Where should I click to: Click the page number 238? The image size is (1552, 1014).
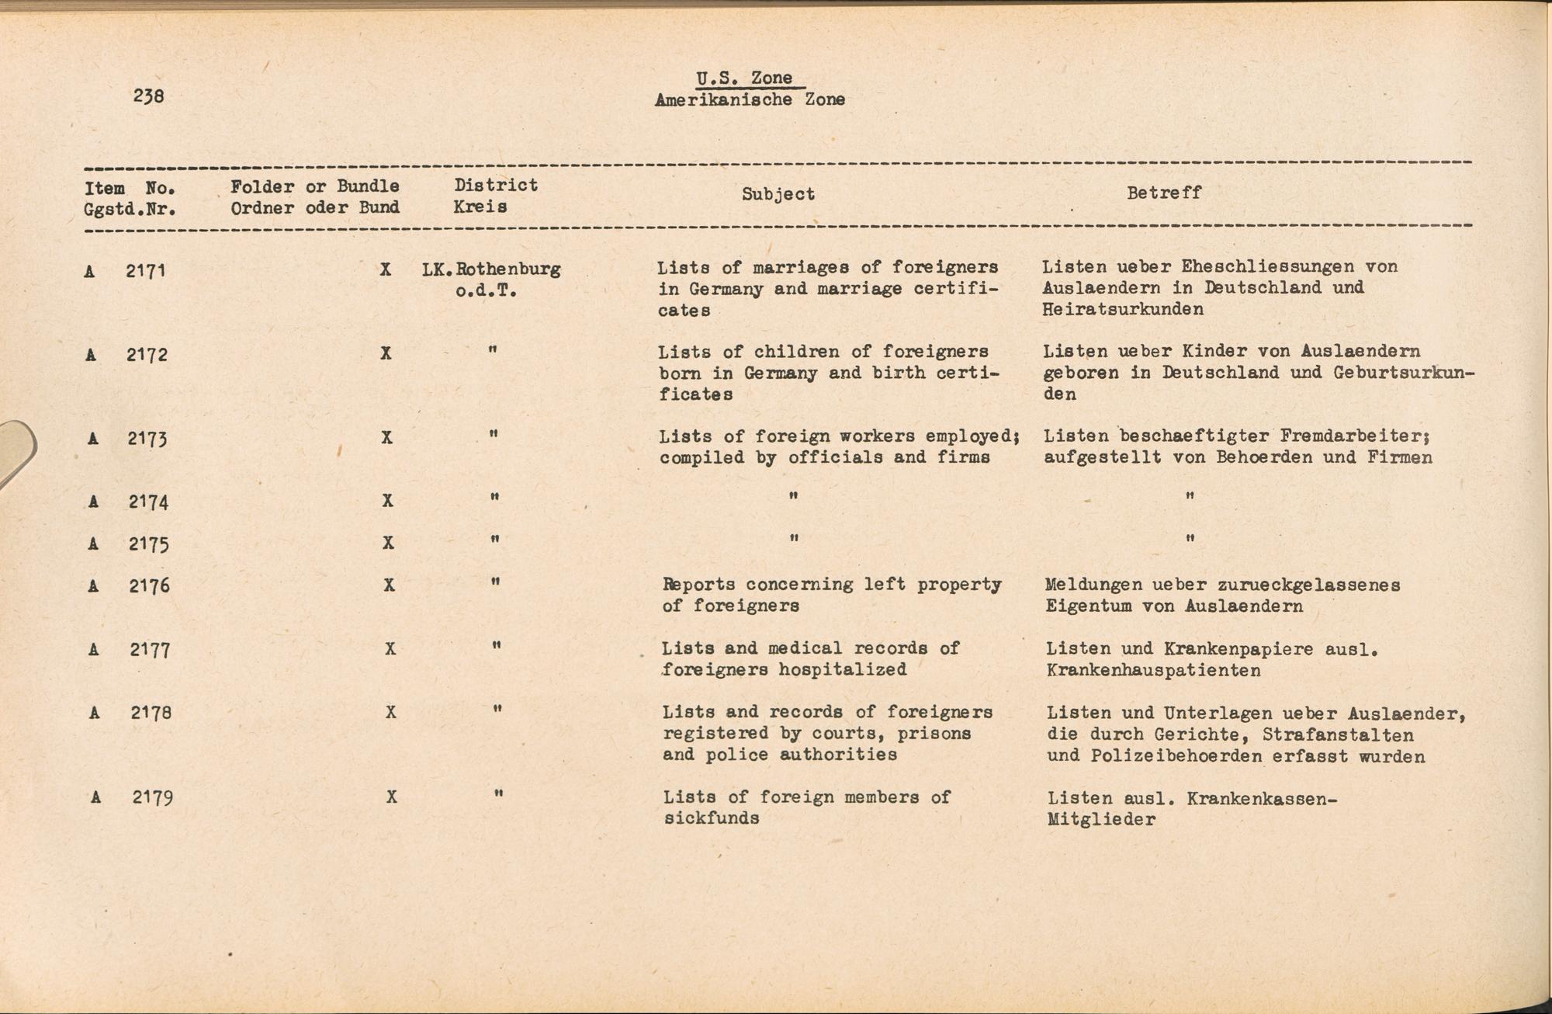[x=148, y=96]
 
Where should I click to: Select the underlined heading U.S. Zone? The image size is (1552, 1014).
[x=744, y=78]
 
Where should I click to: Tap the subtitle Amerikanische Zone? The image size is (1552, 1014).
[x=750, y=100]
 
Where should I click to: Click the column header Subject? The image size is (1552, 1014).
[x=778, y=194]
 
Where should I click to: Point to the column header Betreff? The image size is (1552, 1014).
[x=1164, y=193]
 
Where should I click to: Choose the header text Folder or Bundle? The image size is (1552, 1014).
[x=315, y=186]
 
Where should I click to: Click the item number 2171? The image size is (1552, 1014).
[x=146, y=271]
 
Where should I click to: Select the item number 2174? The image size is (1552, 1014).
[x=148, y=502]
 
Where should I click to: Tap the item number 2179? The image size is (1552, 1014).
[x=152, y=797]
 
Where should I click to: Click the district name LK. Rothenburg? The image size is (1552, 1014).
[x=491, y=270]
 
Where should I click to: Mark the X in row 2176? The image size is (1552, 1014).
[x=389, y=585]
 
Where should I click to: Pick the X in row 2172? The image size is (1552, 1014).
[x=386, y=353]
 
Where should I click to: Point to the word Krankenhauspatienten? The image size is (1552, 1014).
[x=1153, y=670]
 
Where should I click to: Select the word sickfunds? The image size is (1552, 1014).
[x=711, y=818]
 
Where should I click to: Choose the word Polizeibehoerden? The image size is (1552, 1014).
[x=1176, y=756]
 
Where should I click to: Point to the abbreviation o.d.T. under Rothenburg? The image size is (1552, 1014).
[x=487, y=291]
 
